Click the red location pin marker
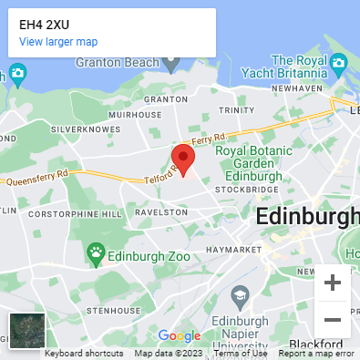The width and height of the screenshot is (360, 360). tap(184, 158)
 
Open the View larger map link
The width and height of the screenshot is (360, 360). tap(58, 42)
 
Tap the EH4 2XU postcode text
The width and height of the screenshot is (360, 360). tap(44, 24)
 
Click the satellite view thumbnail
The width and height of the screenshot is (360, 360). tap(26, 330)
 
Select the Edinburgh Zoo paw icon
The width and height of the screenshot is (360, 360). tap(96, 251)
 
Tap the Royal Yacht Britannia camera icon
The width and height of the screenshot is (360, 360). tap(339, 63)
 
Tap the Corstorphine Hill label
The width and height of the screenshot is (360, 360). tap(75, 213)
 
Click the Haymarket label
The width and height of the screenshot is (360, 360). tap(233, 249)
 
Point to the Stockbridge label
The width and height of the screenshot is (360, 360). tap(246, 189)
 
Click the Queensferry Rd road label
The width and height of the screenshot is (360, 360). tap(37, 178)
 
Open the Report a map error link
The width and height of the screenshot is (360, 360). tap(316, 354)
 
